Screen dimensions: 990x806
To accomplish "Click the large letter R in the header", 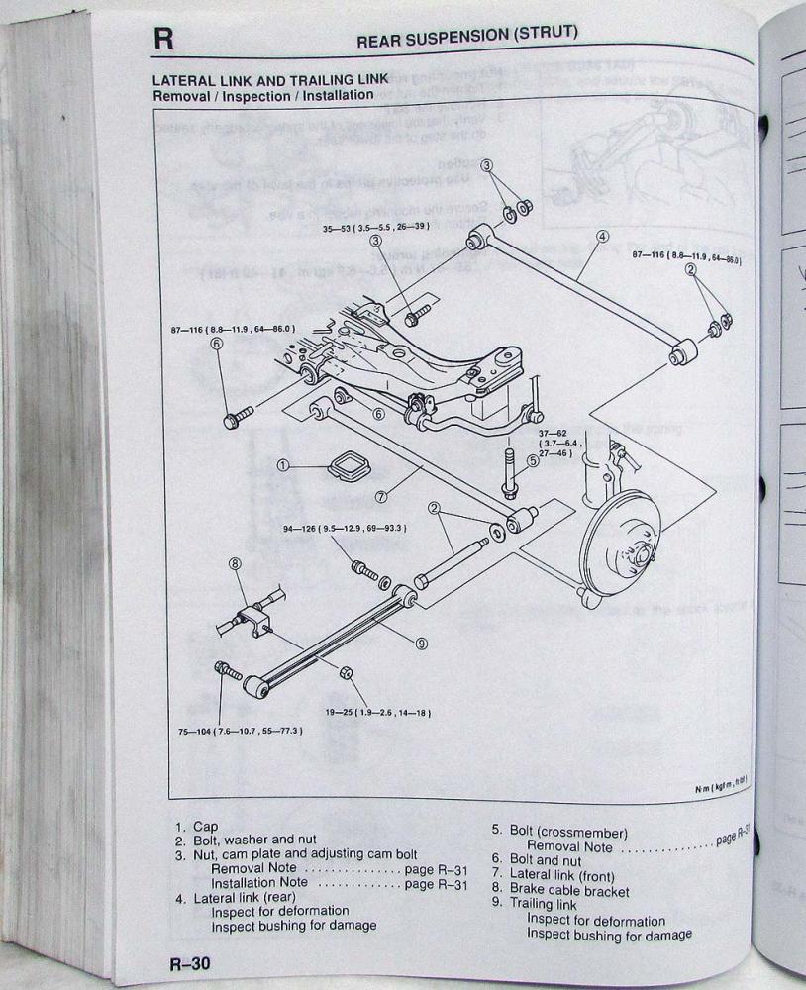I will click(x=163, y=40).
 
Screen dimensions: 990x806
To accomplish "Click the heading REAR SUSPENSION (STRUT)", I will click(x=466, y=35).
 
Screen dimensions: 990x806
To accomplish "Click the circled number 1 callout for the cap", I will click(x=283, y=464).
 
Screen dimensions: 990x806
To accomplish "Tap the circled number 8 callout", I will click(x=236, y=564).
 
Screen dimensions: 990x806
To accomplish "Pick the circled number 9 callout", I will click(x=422, y=643).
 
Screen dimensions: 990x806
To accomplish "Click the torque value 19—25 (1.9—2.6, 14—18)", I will click(x=377, y=712).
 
